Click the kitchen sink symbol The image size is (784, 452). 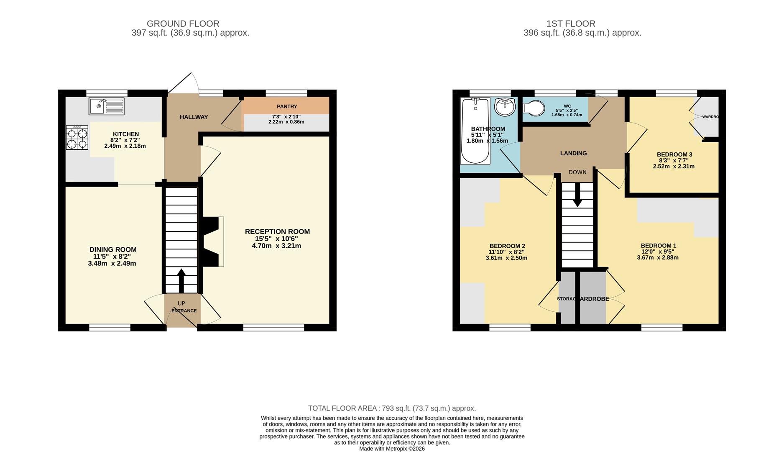[106, 106]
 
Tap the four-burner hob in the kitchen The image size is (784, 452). [77, 138]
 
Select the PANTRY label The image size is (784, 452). [287, 107]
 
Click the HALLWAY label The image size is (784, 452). [194, 117]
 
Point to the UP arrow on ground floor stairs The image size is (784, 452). [181, 280]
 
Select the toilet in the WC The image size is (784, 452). [534, 109]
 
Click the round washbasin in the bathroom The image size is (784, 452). [505, 107]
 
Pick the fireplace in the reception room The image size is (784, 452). [212, 241]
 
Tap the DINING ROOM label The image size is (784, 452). [113, 249]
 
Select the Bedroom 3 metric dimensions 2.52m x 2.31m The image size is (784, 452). [674, 166]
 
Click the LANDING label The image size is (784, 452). [573, 153]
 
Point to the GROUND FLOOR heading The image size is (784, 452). [183, 24]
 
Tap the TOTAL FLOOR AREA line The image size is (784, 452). [392, 408]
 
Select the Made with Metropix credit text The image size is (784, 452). [392, 449]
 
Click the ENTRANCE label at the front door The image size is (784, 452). [184, 311]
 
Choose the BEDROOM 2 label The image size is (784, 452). [507, 246]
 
